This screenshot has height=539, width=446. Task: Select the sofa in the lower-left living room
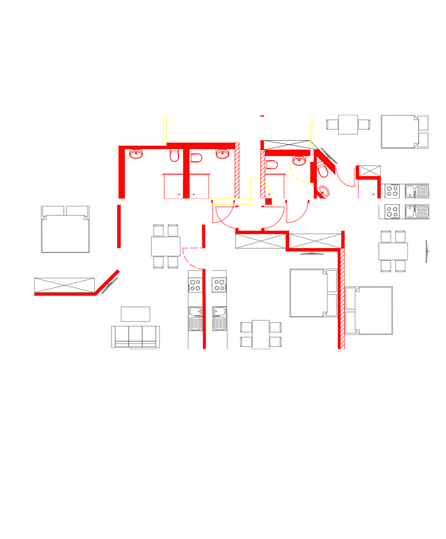point(135,337)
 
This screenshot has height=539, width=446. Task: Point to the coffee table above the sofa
point(135,313)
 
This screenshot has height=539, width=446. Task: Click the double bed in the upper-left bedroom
point(65,229)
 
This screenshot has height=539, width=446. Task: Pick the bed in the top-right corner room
point(405,132)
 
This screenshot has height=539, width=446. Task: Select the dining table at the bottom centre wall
point(260,333)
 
